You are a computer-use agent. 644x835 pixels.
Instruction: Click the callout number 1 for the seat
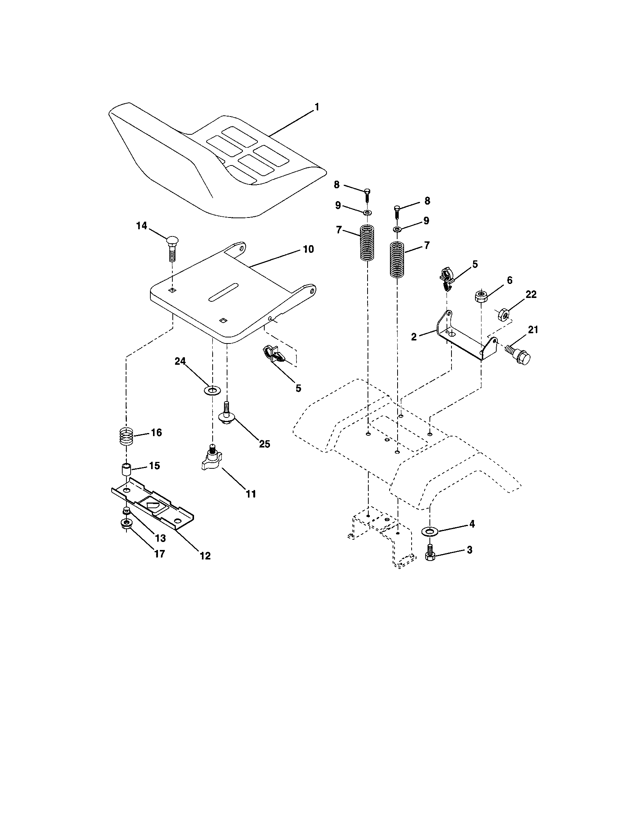[316, 107]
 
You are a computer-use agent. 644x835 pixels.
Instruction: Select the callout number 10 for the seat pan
[308, 249]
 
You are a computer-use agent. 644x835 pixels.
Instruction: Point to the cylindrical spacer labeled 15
[126, 469]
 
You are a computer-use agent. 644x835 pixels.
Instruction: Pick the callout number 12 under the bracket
[205, 556]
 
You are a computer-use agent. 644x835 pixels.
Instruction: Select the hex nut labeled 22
[504, 315]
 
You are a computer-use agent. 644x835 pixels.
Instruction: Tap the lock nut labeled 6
[481, 296]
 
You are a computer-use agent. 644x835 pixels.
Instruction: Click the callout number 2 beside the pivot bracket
[414, 337]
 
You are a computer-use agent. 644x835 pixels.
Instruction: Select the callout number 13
[160, 538]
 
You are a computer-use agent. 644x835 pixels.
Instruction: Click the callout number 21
[533, 329]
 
